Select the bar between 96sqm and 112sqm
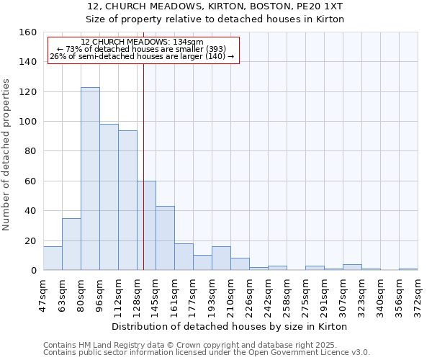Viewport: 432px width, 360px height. click(109, 197)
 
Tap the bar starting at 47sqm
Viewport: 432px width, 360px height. click(53, 258)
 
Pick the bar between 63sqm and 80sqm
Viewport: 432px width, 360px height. click(71, 244)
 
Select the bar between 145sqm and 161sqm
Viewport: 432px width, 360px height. click(165, 238)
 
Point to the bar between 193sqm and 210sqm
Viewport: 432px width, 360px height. click(221, 258)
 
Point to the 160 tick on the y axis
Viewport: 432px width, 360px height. click(28, 32)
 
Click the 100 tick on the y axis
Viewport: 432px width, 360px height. click(28, 122)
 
